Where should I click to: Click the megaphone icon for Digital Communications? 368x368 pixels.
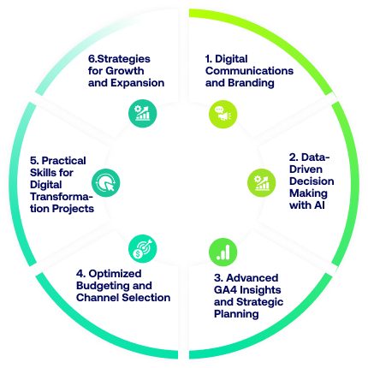click(x=223, y=114)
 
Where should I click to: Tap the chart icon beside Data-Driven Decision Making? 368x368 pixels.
click(x=261, y=182)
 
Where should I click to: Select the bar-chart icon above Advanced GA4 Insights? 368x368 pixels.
click(x=223, y=252)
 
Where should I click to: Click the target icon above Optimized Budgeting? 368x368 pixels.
click(x=143, y=249)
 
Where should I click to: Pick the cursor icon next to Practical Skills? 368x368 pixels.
click(x=105, y=182)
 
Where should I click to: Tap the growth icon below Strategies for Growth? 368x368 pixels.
click(x=143, y=113)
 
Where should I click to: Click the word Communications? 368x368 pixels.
click(x=249, y=71)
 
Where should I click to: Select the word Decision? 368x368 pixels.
click(x=312, y=181)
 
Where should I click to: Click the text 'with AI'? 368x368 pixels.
click(x=307, y=205)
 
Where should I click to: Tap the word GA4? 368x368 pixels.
click(x=225, y=290)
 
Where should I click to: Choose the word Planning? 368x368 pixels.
click(x=236, y=314)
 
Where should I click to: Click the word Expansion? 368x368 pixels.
click(x=137, y=83)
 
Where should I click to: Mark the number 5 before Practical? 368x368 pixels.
click(x=34, y=161)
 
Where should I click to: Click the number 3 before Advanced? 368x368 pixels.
click(x=218, y=278)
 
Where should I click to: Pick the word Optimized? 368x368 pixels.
click(x=115, y=274)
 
